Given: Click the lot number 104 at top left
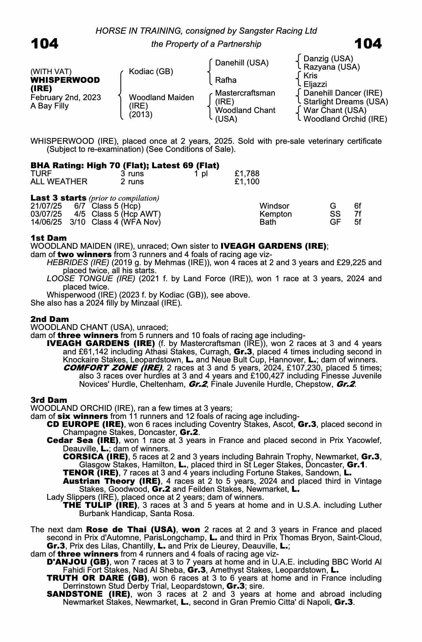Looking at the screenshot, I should pyautogui.click(x=45, y=44).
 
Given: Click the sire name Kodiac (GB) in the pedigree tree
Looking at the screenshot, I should pyautogui.click(x=151, y=71).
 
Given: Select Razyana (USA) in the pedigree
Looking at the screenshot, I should pyautogui.click(x=332, y=67).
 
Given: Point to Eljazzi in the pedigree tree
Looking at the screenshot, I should pyautogui.click(x=315, y=84).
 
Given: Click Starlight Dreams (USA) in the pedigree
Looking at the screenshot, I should pyautogui.click(x=346, y=102).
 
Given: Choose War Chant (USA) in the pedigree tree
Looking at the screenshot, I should pyautogui.click(x=335, y=110).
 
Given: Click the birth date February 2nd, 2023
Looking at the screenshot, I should pyautogui.click(x=65, y=98).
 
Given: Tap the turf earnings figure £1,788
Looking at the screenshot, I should pyautogui.click(x=247, y=174).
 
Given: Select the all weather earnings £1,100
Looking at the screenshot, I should pyautogui.click(x=247, y=182).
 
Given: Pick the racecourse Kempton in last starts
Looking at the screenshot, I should pyautogui.click(x=276, y=214).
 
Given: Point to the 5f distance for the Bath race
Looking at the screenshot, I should pyautogui.click(x=357, y=222).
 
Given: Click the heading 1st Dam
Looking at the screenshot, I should pyautogui.click(x=49, y=238).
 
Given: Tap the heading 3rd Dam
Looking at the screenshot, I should pyautogui.click(x=49, y=400).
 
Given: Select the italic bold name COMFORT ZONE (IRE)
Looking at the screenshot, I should pyautogui.click(x=113, y=368).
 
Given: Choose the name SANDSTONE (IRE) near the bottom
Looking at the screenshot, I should pyautogui.click(x=89, y=594).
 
